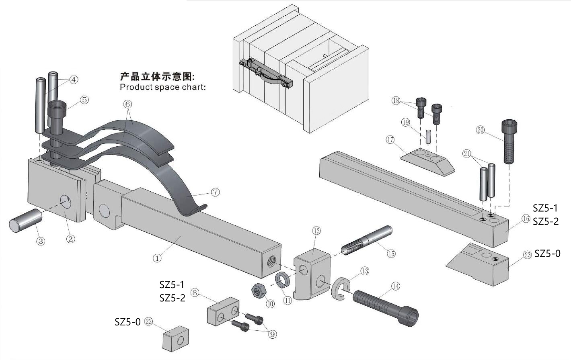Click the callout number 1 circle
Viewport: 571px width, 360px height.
(x=157, y=258)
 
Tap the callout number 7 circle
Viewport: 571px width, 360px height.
(x=216, y=192)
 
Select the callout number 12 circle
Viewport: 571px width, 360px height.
(x=316, y=231)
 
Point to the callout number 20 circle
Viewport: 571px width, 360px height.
(x=481, y=130)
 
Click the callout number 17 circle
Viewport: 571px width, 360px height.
(x=390, y=140)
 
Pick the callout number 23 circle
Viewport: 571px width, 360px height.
(x=527, y=254)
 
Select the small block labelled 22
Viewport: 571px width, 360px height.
(x=176, y=338)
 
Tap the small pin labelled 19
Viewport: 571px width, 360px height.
(x=428, y=137)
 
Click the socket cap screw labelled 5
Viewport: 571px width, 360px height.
(x=56, y=117)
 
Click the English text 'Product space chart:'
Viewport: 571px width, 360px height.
(x=162, y=87)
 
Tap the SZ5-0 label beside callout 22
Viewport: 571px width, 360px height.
(x=127, y=322)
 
